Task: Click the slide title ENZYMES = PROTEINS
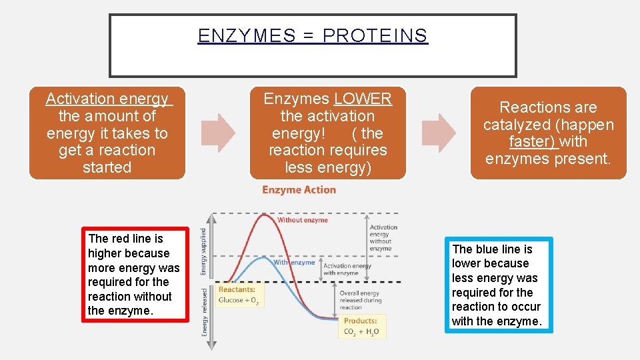coord(313,35)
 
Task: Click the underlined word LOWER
coord(363,99)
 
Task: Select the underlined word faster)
coord(533,141)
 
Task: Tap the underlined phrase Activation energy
coord(107,99)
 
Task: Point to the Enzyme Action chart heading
coord(299,190)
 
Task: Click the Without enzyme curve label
coord(303,220)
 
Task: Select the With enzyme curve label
coord(294,262)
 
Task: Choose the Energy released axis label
coord(204,311)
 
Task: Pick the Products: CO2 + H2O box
coord(361,327)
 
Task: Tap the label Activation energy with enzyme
coord(347,269)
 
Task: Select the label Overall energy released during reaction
coord(359,300)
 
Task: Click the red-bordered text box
coord(135,275)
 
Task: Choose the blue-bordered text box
coord(499,285)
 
